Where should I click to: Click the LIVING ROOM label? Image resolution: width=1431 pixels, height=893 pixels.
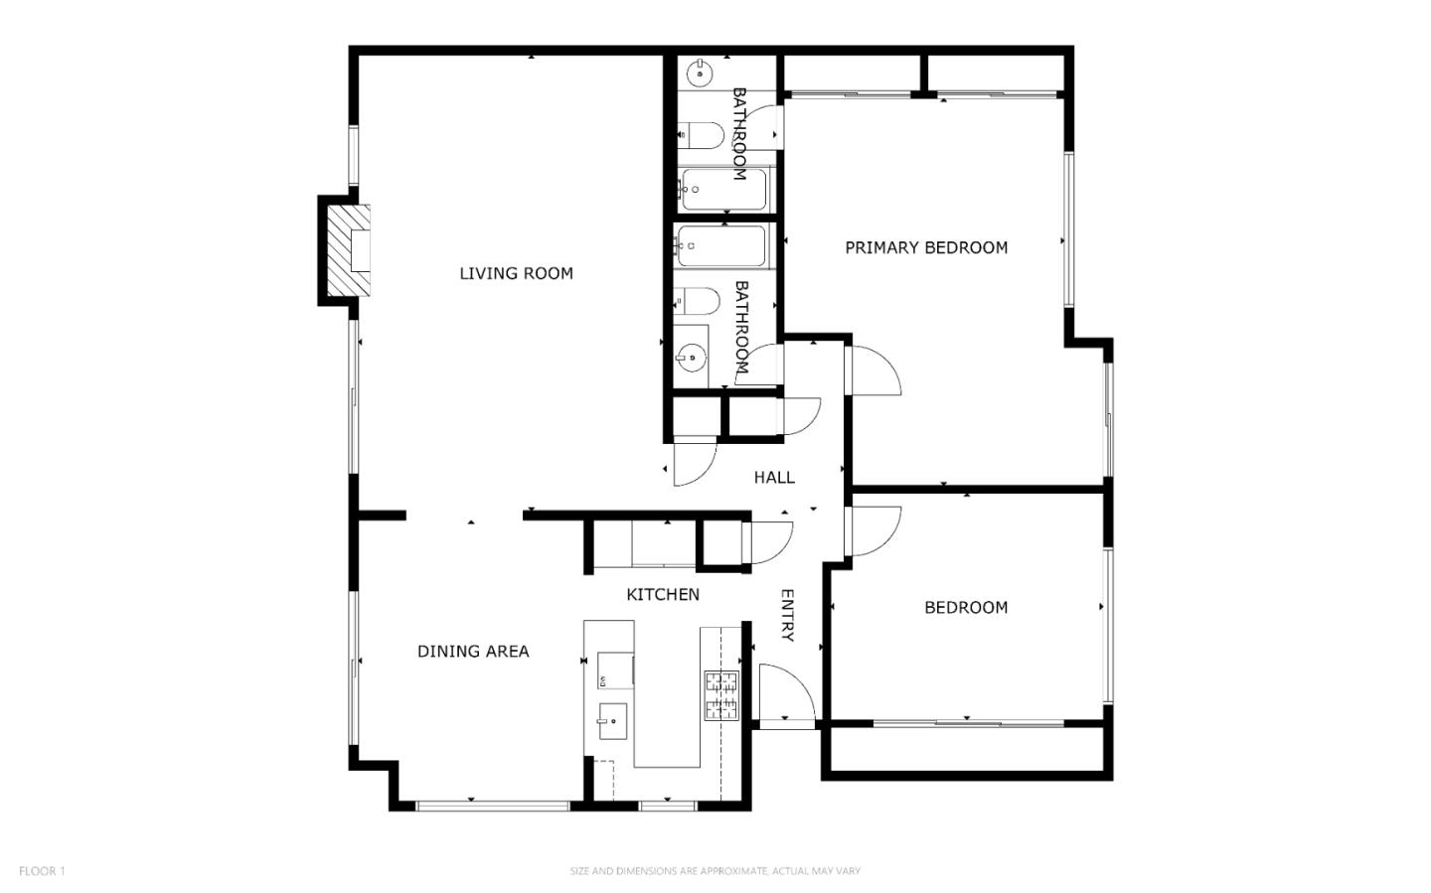click(x=516, y=273)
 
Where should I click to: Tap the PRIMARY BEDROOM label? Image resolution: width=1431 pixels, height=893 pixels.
click(x=926, y=248)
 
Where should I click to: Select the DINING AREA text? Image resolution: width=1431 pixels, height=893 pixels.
click(x=473, y=652)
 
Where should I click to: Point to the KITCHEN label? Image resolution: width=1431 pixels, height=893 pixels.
click(x=663, y=595)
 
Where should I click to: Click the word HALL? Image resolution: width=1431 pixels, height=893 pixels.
click(x=774, y=477)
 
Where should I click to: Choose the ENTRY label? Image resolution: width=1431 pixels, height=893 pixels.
click(x=787, y=615)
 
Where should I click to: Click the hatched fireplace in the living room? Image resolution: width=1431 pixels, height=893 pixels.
click(x=348, y=249)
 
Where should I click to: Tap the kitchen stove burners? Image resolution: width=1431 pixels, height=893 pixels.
click(x=721, y=695)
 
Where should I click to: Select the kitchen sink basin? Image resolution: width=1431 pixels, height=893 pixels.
click(x=612, y=721)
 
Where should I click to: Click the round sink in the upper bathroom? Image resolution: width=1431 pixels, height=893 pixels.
click(x=701, y=74)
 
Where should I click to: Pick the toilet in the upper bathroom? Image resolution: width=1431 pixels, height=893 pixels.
click(x=701, y=135)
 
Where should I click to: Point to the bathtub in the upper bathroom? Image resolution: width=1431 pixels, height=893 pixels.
click(x=723, y=189)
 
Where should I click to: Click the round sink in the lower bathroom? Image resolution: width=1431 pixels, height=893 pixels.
click(x=691, y=357)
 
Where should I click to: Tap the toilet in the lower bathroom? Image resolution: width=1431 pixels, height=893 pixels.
click(x=697, y=301)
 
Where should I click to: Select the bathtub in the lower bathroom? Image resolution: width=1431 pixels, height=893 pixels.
click(x=721, y=246)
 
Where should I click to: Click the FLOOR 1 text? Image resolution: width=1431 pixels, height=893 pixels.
click(x=42, y=870)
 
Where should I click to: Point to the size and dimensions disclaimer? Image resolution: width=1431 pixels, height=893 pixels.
click(x=715, y=870)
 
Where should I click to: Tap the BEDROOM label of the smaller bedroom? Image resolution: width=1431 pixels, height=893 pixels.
click(x=966, y=608)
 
